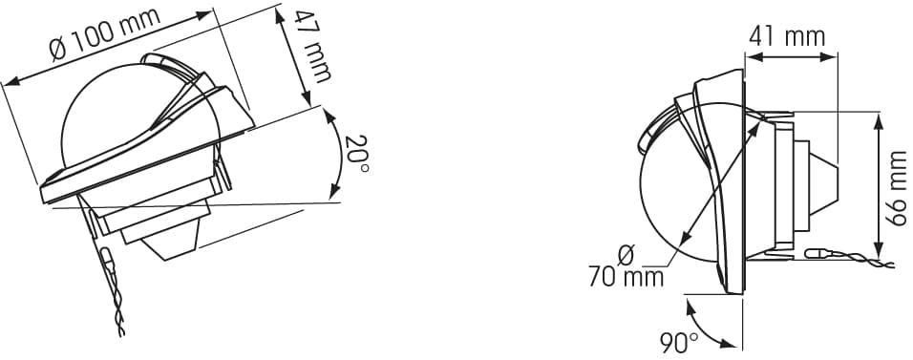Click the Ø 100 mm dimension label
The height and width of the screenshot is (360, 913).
click(x=105, y=33)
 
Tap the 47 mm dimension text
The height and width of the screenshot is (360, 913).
click(x=311, y=47)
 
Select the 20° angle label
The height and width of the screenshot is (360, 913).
click(x=356, y=154)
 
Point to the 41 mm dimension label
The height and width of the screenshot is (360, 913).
click(x=787, y=36)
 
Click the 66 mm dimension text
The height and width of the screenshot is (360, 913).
click(x=896, y=187)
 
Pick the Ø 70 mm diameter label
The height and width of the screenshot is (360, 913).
click(x=626, y=266)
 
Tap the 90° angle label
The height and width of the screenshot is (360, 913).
click(x=679, y=344)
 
